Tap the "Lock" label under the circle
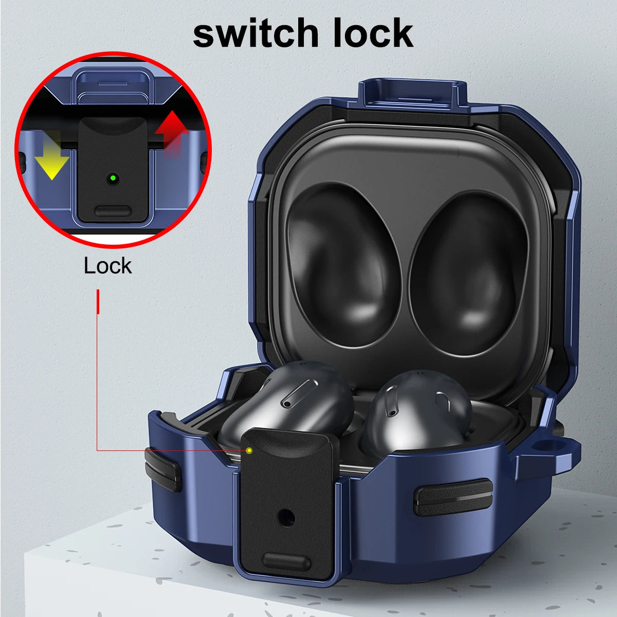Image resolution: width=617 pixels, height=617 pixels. click(x=107, y=266)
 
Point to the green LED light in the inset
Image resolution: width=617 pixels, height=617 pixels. click(x=112, y=178)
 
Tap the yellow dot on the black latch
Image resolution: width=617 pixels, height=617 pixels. click(x=249, y=450)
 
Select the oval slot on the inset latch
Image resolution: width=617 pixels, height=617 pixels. click(x=113, y=211)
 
